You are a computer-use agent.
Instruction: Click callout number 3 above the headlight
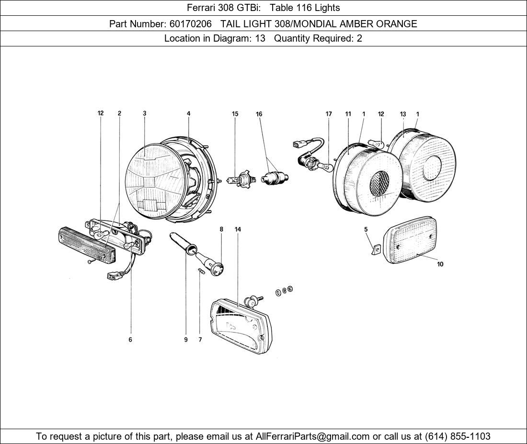[x=144, y=113]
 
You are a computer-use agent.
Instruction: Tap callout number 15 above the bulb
[x=235, y=114]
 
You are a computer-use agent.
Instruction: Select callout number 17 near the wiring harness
[x=329, y=114]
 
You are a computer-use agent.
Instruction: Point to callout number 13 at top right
[x=403, y=114]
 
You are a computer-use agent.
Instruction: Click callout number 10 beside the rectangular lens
[x=440, y=264]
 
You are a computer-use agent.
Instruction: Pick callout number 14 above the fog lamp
[x=238, y=229]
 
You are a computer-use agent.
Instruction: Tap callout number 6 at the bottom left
[x=130, y=340]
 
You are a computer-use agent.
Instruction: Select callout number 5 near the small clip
[x=366, y=229]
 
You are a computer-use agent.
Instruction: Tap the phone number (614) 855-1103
[x=458, y=436]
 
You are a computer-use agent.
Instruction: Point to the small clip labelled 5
[x=376, y=249]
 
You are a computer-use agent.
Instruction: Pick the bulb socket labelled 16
[x=275, y=178]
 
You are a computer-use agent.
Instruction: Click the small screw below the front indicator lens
[x=91, y=262]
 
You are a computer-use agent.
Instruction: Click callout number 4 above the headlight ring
[x=188, y=113]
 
